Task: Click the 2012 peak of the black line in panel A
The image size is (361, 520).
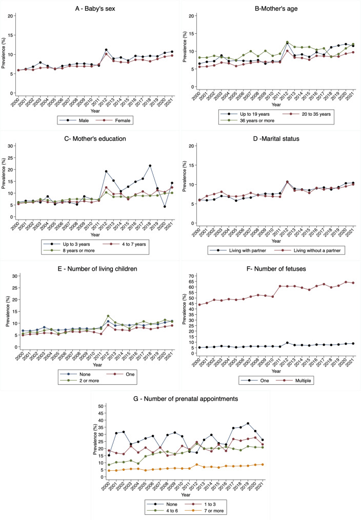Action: click(x=106, y=50)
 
